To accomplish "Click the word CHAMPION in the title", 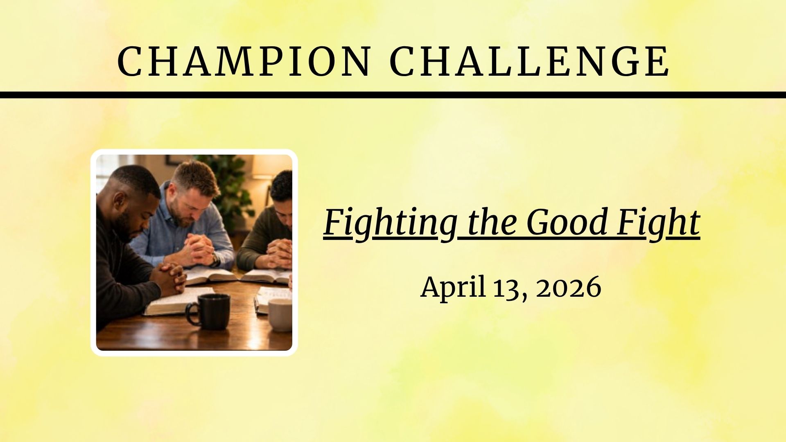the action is coord(244,61).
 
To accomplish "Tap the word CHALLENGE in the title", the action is coord(530,61).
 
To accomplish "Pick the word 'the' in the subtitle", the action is coord(491,223).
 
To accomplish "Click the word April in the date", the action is coord(453,287).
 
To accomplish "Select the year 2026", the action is coord(569,287).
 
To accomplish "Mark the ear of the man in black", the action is coord(120,202).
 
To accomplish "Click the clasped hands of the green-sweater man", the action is coord(280,251).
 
